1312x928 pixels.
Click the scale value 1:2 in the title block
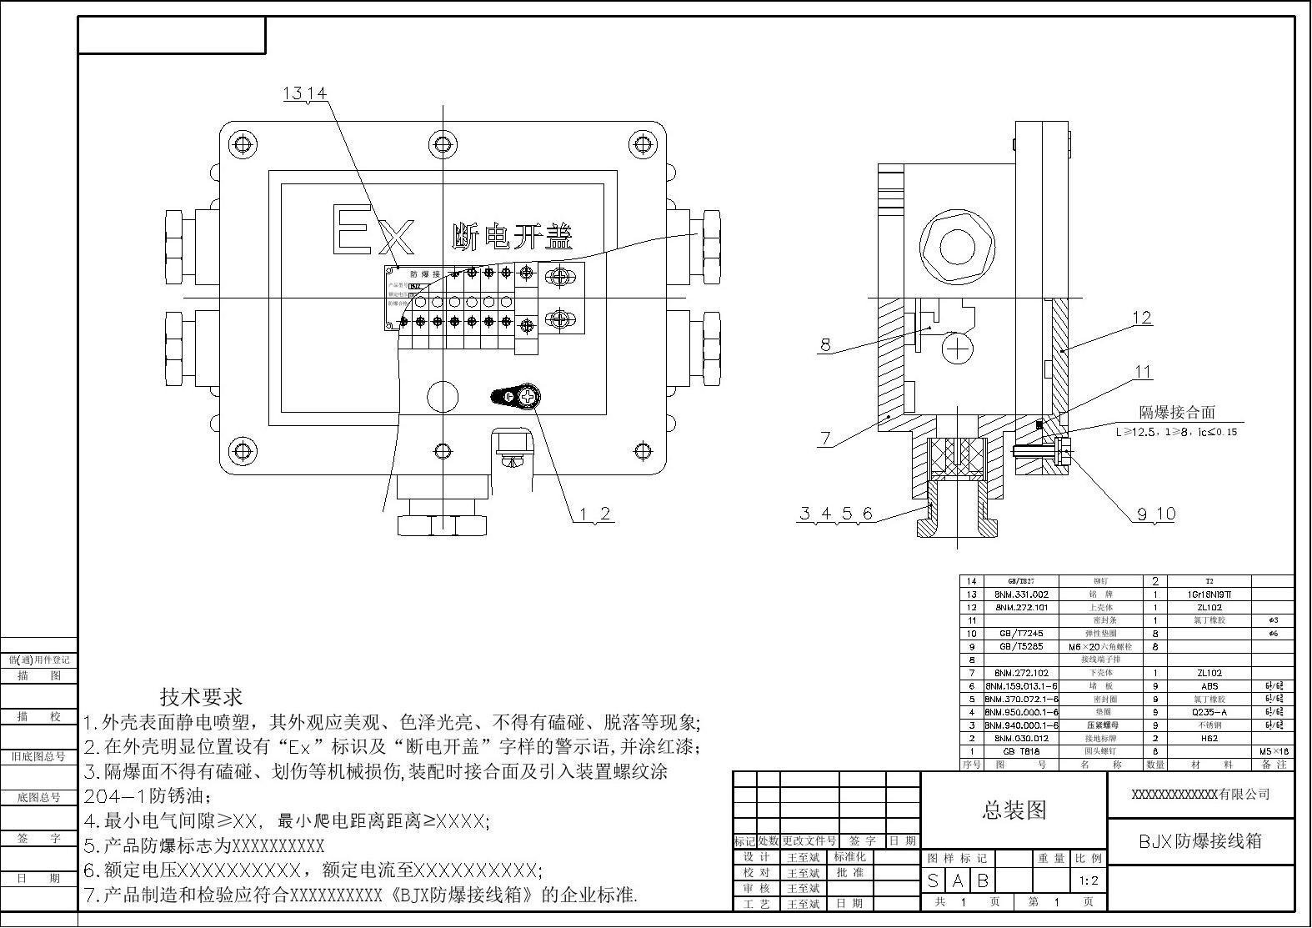1089,880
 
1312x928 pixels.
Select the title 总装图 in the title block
1014,809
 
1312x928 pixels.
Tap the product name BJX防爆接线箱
1200,840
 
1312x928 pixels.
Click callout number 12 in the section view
1141,318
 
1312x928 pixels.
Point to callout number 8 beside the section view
825,344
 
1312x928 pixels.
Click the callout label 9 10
1156,514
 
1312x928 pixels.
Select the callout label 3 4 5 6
836,513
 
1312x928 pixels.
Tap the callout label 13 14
305,93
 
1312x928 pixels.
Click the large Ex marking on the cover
374,231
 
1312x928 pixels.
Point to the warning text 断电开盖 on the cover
512,238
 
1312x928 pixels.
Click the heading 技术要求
201,696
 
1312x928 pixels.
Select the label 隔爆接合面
1177,412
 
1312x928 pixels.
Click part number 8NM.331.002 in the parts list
1021,594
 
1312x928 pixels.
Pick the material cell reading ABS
1209,686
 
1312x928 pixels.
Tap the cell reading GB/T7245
1021,634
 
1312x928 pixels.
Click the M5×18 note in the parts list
1274,751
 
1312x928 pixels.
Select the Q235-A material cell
1209,712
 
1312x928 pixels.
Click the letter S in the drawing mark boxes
934,880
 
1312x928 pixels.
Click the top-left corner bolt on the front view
243,143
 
